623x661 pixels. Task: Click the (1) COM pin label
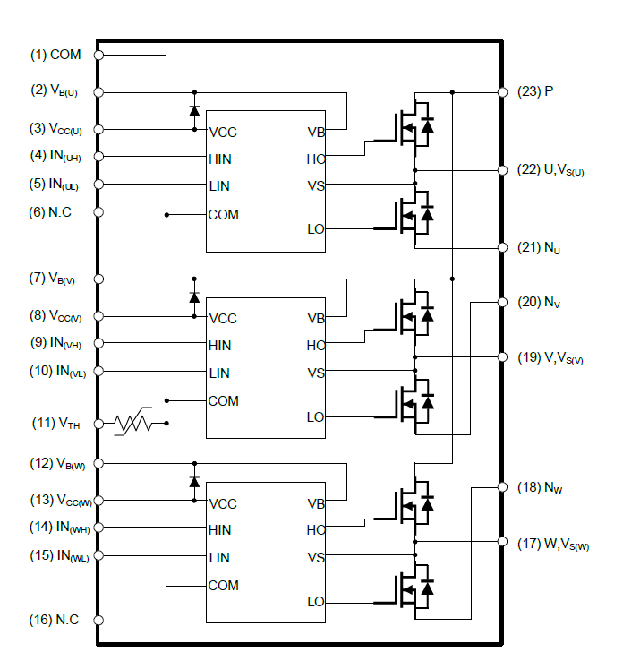pyautogui.click(x=55, y=55)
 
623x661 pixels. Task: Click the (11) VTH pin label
pyautogui.click(x=56, y=424)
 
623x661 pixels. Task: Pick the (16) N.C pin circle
pyautogui.click(x=98, y=620)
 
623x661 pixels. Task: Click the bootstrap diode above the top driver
pyautogui.click(x=194, y=111)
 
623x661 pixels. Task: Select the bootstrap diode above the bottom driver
pyautogui.click(x=194, y=482)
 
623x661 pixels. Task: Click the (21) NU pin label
pyautogui.click(x=540, y=247)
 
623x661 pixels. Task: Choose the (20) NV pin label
pyautogui.click(x=540, y=302)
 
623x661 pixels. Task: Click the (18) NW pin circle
pyautogui.click(x=500, y=487)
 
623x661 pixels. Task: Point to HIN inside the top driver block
pyautogui.click(x=220, y=159)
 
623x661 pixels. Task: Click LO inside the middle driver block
pyautogui.click(x=315, y=416)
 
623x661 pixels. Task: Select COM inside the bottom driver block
pyautogui.click(x=223, y=586)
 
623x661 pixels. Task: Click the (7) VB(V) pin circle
pyautogui.click(x=98, y=279)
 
